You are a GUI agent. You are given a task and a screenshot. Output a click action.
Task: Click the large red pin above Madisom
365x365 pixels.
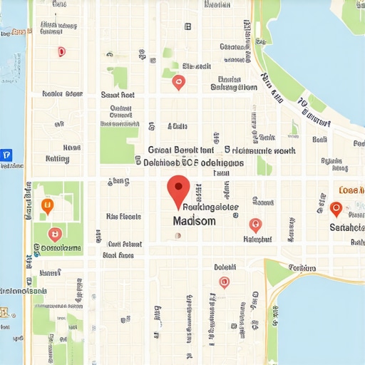[178, 190]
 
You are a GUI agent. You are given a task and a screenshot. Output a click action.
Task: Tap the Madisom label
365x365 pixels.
[193, 222]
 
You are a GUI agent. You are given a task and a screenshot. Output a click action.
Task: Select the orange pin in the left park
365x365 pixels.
[48, 206]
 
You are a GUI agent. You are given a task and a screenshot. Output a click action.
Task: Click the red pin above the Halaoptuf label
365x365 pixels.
[255, 225]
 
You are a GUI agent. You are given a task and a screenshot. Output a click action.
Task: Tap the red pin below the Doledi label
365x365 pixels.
[224, 282]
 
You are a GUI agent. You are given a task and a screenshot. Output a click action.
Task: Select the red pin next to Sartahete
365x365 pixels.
[336, 209]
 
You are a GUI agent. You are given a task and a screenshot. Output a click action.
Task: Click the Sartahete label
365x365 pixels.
[346, 227]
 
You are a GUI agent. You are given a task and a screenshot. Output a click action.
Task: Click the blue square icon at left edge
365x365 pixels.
[6, 155]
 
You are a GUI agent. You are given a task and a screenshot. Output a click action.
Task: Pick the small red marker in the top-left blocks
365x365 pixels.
[61, 51]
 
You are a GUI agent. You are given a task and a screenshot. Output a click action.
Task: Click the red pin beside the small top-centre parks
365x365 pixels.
[179, 83]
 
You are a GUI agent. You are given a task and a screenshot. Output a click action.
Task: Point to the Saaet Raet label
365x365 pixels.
[118, 94]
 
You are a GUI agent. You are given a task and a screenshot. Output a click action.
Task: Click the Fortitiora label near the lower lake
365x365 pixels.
[302, 267]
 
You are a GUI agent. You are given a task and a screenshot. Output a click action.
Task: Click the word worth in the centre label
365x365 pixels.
[285, 151]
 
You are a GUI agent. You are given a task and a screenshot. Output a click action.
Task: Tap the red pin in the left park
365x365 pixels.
[54, 233]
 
